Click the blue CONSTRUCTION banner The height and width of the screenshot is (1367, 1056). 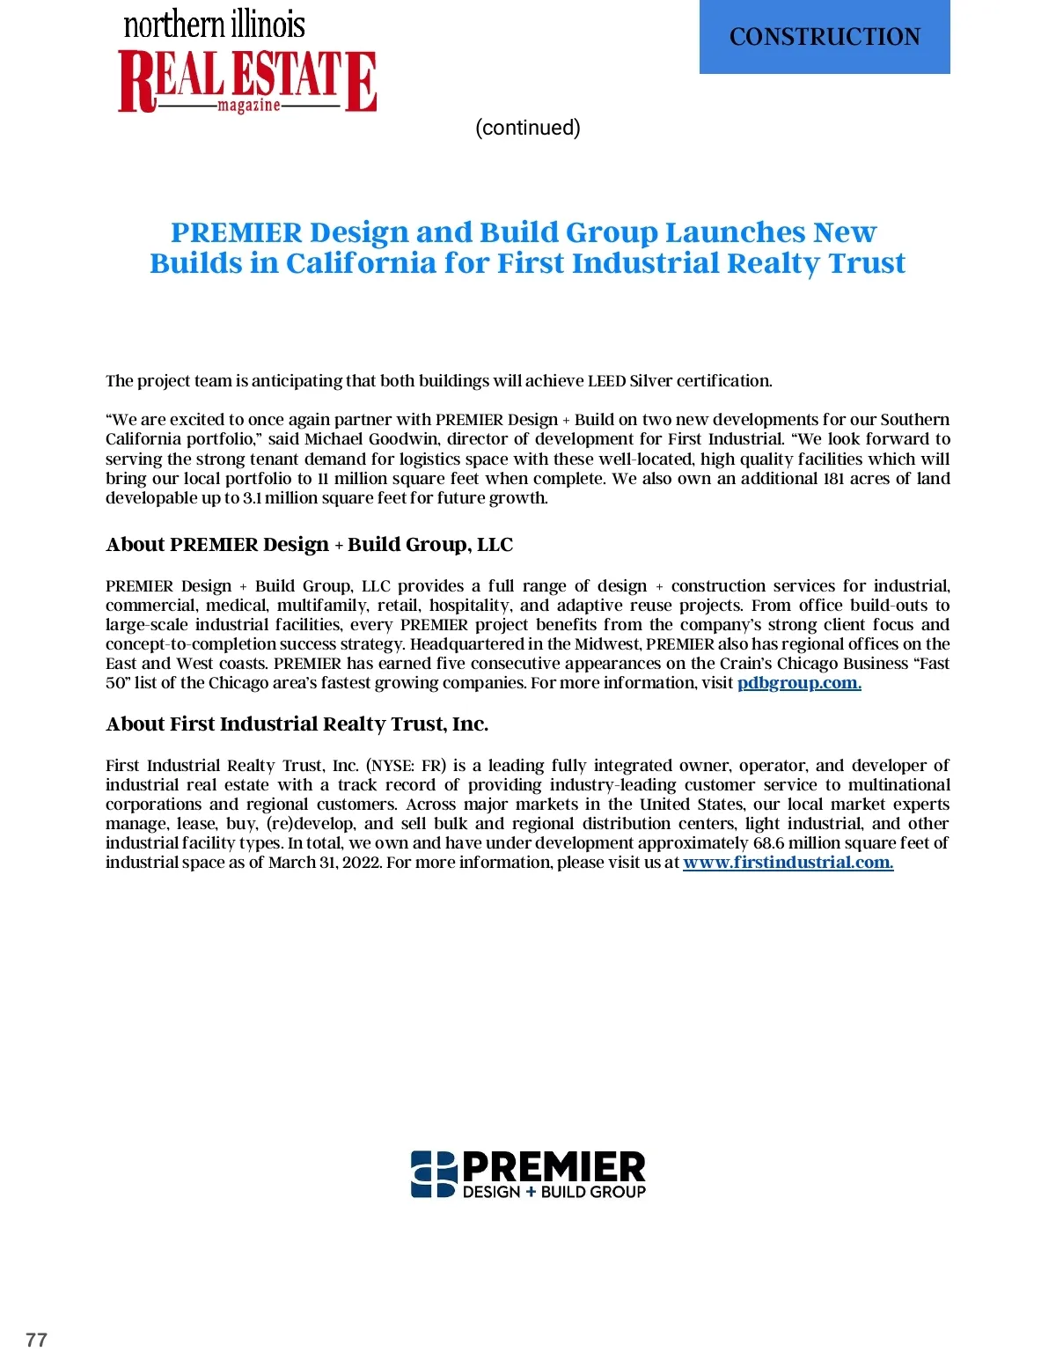[825, 37]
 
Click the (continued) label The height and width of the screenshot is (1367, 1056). [527, 128]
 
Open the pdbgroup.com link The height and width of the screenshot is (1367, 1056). [799, 683]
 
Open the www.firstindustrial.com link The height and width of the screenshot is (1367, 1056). [788, 863]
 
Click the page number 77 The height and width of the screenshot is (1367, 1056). [36, 1340]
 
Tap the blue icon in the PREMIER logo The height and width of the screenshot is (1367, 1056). [434, 1174]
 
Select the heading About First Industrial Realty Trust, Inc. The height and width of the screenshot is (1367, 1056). [297, 724]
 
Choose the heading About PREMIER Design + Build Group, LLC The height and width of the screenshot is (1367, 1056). [309, 544]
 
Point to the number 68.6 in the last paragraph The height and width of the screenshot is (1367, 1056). [768, 843]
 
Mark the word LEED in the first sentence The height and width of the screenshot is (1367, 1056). [606, 381]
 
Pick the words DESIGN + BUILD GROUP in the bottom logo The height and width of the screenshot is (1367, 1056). [554, 1192]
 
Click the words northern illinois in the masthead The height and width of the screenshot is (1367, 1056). [214, 24]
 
